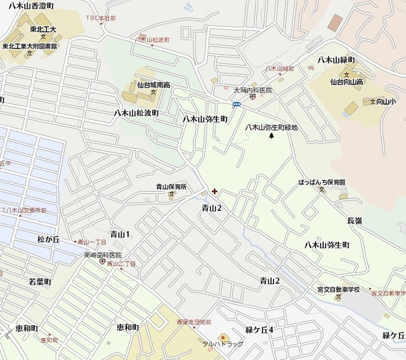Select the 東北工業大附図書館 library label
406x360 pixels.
(x=29, y=46)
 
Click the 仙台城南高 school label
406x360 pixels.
(x=153, y=84)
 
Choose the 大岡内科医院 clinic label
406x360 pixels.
(x=252, y=90)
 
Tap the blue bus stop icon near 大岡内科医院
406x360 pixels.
(x=236, y=104)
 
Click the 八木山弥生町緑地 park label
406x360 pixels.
(x=272, y=127)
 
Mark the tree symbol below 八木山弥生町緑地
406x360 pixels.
(x=272, y=135)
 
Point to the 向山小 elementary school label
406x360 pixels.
(x=383, y=100)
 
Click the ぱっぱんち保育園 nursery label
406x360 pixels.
(x=323, y=182)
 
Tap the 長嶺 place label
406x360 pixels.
(x=355, y=220)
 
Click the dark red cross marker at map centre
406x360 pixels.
(x=214, y=191)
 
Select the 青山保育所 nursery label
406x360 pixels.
(x=171, y=187)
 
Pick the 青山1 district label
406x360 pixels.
(x=119, y=234)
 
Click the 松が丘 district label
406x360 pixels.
(x=48, y=239)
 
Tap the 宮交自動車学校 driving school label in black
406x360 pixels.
(x=338, y=290)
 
